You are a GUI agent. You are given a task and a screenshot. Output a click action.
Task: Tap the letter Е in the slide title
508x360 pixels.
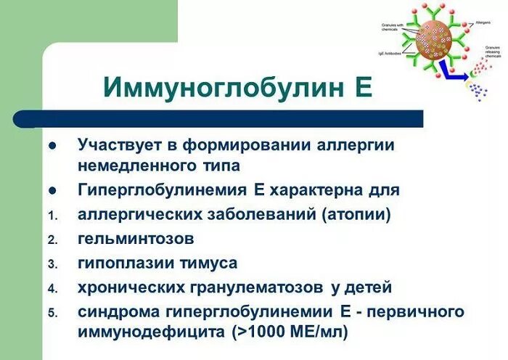[362, 86]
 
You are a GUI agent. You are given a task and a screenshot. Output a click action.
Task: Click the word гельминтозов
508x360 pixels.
[136, 238]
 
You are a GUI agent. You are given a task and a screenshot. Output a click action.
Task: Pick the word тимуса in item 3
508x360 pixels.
[211, 263]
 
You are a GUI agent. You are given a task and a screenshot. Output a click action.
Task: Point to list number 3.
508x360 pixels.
[52, 263]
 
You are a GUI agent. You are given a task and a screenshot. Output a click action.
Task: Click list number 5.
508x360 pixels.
[52, 313]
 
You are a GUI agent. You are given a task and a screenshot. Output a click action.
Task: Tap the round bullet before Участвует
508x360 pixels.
[52, 145]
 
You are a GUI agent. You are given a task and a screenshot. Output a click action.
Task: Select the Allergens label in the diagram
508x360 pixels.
[482, 25]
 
